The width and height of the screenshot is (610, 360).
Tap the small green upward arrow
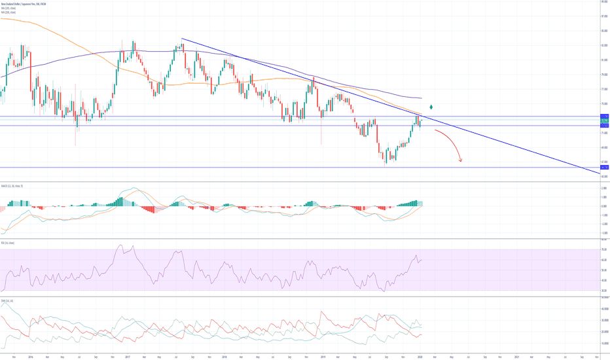pyautogui.click(x=430, y=106)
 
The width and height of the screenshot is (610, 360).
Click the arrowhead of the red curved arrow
pyautogui.click(x=461, y=160)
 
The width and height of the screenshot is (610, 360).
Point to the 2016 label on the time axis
pyautogui.click(x=31, y=357)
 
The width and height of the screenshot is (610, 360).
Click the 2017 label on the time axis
pyautogui.click(x=128, y=357)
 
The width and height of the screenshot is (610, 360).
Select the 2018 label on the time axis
pyautogui.click(x=224, y=357)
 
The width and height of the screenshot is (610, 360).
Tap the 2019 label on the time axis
pyautogui.click(x=321, y=357)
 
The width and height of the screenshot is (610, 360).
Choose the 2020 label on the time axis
pyautogui.click(x=418, y=357)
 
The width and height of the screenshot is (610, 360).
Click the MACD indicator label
pyautogui.click(x=12, y=186)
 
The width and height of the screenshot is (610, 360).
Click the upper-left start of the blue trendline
pyautogui.click(x=181, y=39)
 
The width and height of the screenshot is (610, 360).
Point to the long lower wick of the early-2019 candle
pyautogui.click(x=322, y=134)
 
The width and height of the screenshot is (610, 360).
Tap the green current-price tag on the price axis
pyautogui.click(x=605, y=121)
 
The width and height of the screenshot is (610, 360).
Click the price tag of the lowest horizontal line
pyautogui.click(x=605, y=168)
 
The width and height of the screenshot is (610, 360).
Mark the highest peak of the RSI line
pyautogui.click(x=120, y=245)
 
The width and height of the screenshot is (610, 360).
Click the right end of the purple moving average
pyautogui.click(x=422, y=98)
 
